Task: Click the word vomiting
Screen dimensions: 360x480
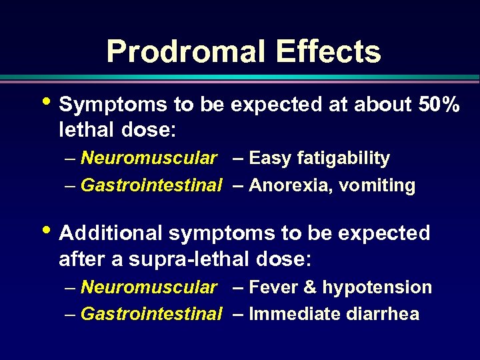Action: [377, 186]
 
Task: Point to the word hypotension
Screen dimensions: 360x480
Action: [377, 288]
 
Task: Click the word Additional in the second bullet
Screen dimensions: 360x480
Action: [111, 233]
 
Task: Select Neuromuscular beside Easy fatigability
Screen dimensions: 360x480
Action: [148, 159]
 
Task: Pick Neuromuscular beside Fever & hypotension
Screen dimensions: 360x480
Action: [148, 287]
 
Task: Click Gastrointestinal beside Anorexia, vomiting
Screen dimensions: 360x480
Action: [151, 185]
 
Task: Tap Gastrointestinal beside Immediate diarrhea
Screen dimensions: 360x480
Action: [151, 314]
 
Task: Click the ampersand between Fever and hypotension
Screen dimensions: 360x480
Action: [310, 287]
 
